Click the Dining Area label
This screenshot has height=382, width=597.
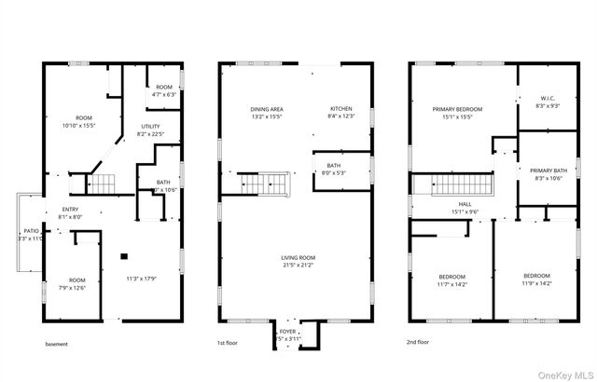(x=266, y=109)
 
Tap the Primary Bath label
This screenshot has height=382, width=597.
(x=547, y=171)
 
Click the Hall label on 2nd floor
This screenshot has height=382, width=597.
(x=464, y=204)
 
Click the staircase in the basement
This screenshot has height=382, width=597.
(x=103, y=181)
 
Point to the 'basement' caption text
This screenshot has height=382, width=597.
(x=57, y=344)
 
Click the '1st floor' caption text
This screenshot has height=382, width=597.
(x=229, y=344)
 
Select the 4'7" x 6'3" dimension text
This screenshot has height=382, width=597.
(x=164, y=94)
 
